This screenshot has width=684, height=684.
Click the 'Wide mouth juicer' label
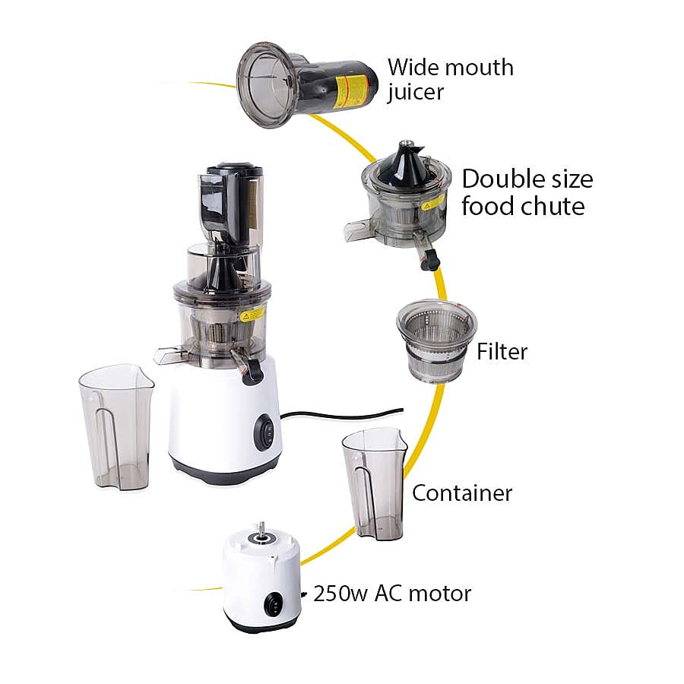[450, 79]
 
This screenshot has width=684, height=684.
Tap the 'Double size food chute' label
[527, 193]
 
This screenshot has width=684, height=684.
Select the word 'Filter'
[502, 352]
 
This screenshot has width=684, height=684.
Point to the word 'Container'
[462, 492]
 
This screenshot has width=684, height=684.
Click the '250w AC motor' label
[392, 593]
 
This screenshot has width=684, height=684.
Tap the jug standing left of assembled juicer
[116, 426]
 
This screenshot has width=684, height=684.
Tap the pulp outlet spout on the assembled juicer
[169, 353]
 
